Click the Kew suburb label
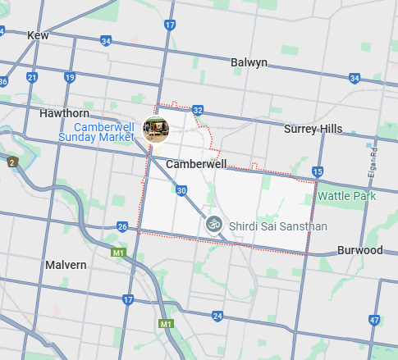[x=38, y=35]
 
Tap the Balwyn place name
[x=249, y=62]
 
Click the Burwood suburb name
[x=359, y=249]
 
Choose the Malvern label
[x=66, y=265]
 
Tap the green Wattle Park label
[x=346, y=196]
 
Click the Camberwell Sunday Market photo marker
[x=156, y=128]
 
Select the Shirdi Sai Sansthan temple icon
[x=214, y=223]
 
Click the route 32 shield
[x=197, y=109]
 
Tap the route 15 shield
[x=318, y=171]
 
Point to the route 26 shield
[x=122, y=226]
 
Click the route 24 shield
[x=217, y=315]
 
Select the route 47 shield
[x=374, y=320]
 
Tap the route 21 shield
[x=31, y=77]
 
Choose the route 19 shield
[x=70, y=77]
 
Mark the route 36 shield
[x=3, y=81]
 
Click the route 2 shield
[x=11, y=162]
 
